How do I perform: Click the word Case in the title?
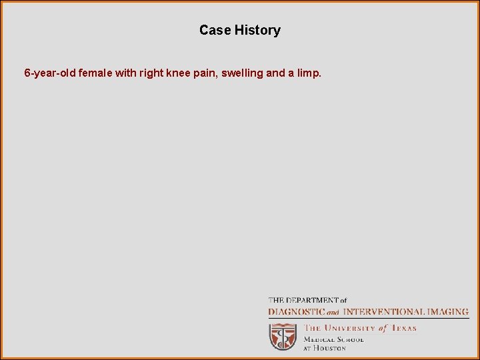point(215,30)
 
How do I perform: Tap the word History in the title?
point(257,30)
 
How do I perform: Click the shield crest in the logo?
point(283,336)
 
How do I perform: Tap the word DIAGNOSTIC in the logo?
point(296,311)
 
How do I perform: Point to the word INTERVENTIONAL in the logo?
point(383,311)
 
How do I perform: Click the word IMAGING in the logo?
point(447,311)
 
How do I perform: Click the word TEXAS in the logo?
point(403,328)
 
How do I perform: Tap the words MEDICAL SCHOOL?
point(334,339)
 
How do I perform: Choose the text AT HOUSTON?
point(325,348)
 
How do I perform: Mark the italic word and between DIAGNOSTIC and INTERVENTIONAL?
point(333,312)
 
